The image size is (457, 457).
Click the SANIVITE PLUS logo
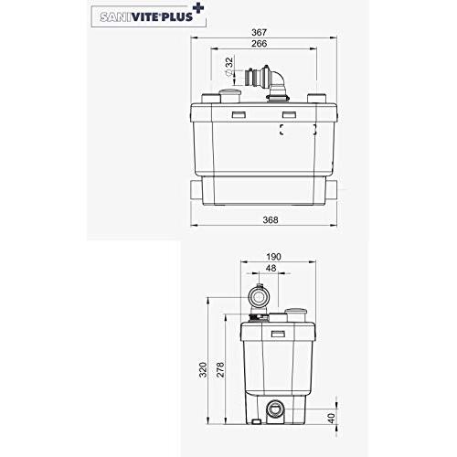pyautogui.click(x=149, y=16)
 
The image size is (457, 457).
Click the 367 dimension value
pyautogui.click(x=260, y=32)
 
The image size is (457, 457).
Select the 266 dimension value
pyautogui.click(x=260, y=44)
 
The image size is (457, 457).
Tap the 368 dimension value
pyautogui.click(x=271, y=219)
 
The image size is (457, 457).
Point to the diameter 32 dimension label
pyautogui.click(x=229, y=67)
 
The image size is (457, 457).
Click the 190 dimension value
pyautogui.click(x=273, y=257)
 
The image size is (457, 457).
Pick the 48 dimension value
pyautogui.click(x=271, y=268)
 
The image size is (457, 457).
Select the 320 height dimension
pyautogui.click(x=203, y=369)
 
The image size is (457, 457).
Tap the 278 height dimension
pyautogui.click(x=220, y=369)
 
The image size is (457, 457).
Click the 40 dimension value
pyautogui.click(x=332, y=418)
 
